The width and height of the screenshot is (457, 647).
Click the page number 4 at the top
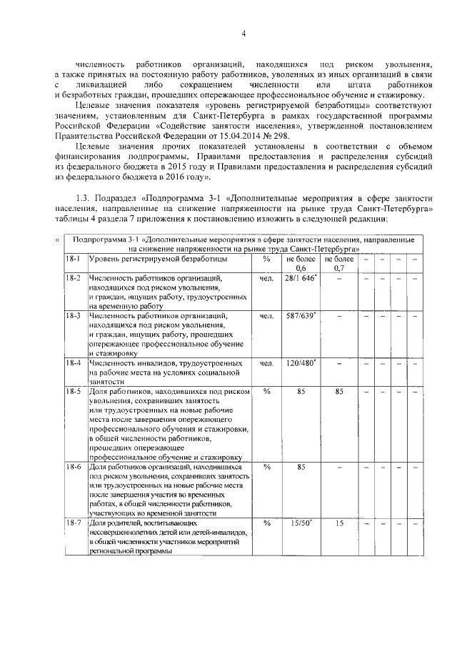click(x=243, y=34)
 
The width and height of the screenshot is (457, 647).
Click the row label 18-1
click(x=73, y=259)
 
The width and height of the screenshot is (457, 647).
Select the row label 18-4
click(x=73, y=363)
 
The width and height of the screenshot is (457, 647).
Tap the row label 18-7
click(x=73, y=524)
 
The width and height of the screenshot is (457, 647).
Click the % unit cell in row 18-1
click(x=267, y=259)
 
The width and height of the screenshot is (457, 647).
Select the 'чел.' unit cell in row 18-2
click(x=267, y=277)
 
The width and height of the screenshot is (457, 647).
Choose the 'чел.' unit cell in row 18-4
click(x=267, y=363)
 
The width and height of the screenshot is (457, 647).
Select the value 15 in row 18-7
click(x=339, y=524)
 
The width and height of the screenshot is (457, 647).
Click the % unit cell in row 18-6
click(x=267, y=467)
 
